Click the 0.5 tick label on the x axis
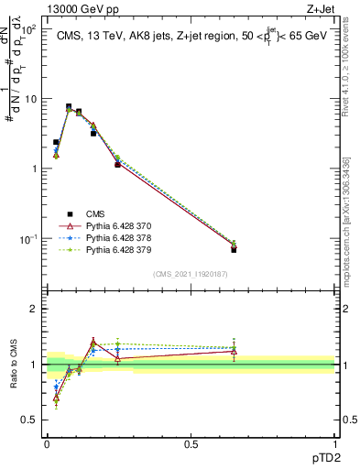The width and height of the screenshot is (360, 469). pyautogui.click(x=191, y=442)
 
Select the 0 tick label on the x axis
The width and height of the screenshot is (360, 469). pyautogui.click(x=47, y=442)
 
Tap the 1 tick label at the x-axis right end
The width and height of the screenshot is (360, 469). pyautogui.click(x=334, y=442)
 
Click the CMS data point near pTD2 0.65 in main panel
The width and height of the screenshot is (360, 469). pyautogui.click(x=234, y=249)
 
